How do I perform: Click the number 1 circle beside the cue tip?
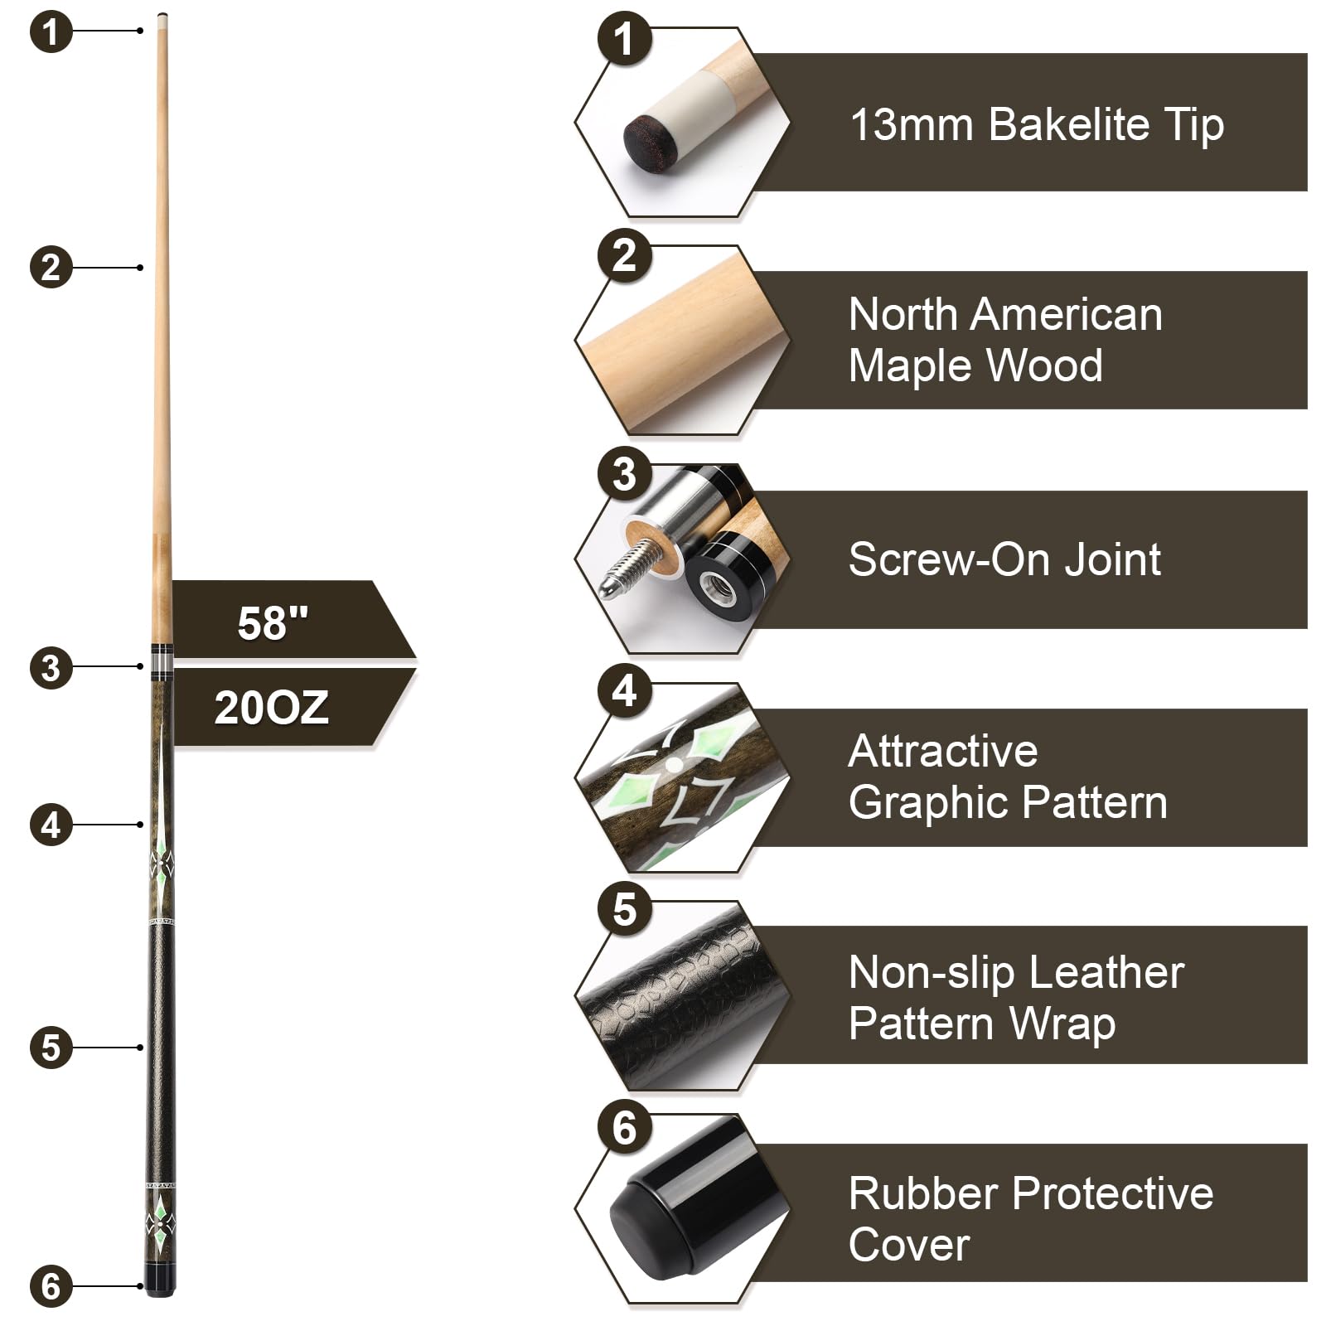(x=51, y=31)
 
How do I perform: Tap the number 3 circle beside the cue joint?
(x=51, y=668)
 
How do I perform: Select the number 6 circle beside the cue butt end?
(x=51, y=1285)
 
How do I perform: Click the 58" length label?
(x=273, y=623)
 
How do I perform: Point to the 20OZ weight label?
(x=272, y=708)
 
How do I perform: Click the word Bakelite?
(x=1069, y=124)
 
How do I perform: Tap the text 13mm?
(x=912, y=125)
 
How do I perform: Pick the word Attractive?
(x=943, y=751)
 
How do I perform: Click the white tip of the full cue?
(x=162, y=17)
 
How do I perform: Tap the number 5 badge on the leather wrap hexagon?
(x=624, y=909)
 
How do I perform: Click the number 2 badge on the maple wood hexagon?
(x=624, y=254)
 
